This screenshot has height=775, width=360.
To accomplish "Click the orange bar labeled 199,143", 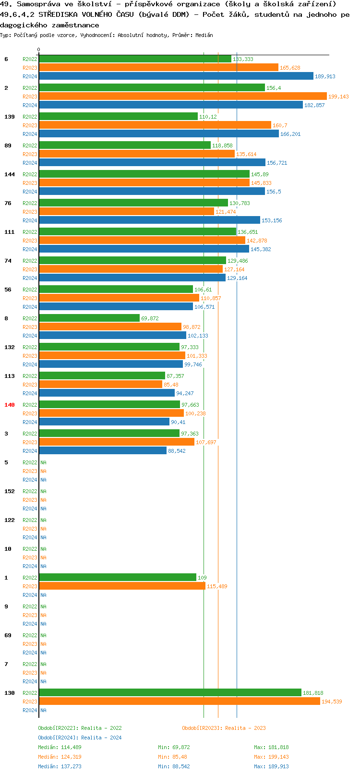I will point(182,96).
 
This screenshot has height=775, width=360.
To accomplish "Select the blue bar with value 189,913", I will point(176,76).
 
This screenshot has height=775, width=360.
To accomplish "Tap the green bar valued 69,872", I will point(89,318).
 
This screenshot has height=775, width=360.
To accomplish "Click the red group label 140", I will point(10,405).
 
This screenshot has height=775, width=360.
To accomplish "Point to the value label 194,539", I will point(332,702).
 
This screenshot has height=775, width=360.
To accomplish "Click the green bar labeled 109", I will point(118,577).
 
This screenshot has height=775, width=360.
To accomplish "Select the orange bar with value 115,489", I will point(122,586).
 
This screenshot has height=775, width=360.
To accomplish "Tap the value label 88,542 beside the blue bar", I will point(177,451).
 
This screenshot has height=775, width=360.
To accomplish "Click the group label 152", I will point(10,491).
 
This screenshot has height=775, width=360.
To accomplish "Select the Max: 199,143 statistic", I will point(271,757).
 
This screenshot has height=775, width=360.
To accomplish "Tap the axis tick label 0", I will point(39,49).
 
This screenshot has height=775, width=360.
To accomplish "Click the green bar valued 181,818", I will point(170,692).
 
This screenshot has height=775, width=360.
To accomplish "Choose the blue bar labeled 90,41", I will point(104,422).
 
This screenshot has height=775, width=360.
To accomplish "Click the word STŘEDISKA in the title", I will point(58,14).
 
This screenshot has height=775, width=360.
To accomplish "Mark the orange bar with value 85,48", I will point(100,384).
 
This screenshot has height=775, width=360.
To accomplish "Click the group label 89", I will point(8,145).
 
